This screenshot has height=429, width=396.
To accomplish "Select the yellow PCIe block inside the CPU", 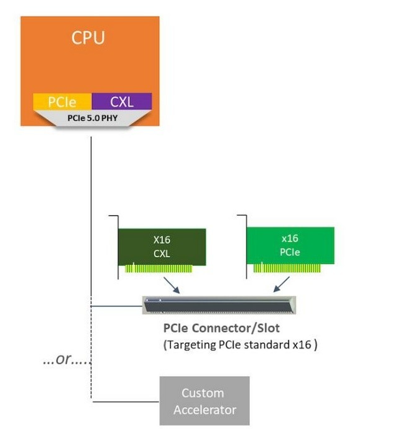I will pyautogui.click(x=62, y=101).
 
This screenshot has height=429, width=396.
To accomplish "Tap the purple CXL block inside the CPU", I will pyautogui.click(x=121, y=101).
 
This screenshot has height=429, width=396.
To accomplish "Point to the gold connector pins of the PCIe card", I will pyautogui.click(x=288, y=268).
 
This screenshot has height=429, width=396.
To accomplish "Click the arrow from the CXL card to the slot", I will pyautogui.click(x=171, y=285).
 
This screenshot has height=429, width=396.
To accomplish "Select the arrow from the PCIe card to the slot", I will pyautogui.click(x=281, y=285).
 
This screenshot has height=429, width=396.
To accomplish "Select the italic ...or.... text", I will pyautogui.click(x=67, y=359).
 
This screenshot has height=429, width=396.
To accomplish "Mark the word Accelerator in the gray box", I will pyautogui.click(x=205, y=409).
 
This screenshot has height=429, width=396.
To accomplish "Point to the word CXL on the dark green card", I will pyautogui.click(x=162, y=253).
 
